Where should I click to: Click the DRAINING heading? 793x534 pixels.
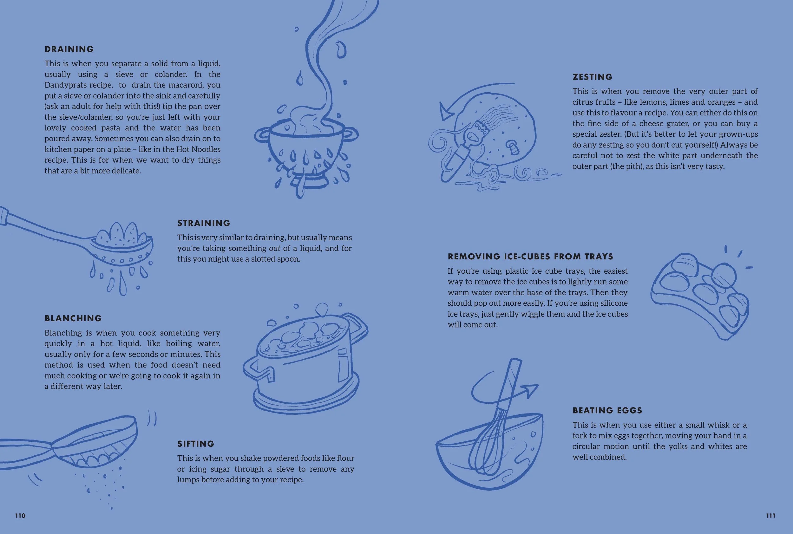click(x=69, y=49)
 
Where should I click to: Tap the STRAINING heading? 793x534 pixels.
click(x=204, y=223)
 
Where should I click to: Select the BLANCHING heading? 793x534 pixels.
click(x=73, y=318)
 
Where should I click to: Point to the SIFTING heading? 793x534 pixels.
click(x=195, y=444)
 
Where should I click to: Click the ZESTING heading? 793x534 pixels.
click(x=592, y=77)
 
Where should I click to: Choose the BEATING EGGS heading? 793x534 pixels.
click(x=607, y=410)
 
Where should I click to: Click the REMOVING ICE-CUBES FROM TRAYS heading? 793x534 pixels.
click(x=530, y=257)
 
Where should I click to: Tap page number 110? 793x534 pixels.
click(x=20, y=516)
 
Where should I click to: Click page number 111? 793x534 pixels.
click(x=771, y=516)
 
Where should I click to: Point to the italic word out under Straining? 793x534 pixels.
click(x=275, y=248)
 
